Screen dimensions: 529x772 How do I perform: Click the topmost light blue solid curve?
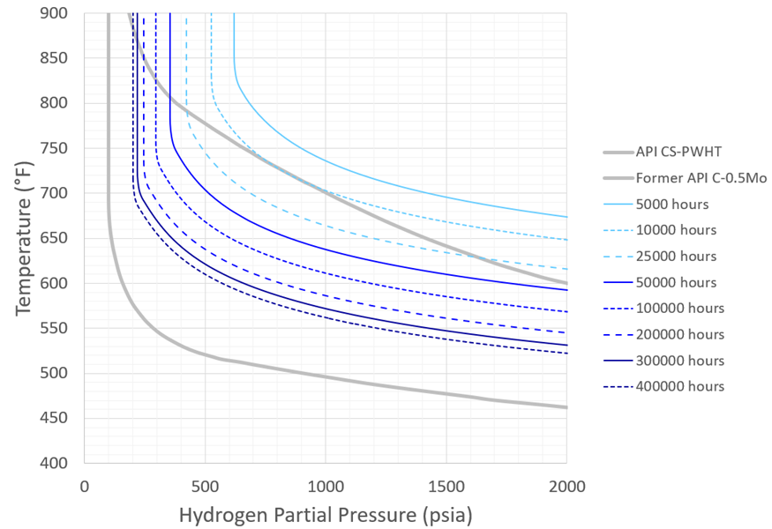[x=326, y=160]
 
